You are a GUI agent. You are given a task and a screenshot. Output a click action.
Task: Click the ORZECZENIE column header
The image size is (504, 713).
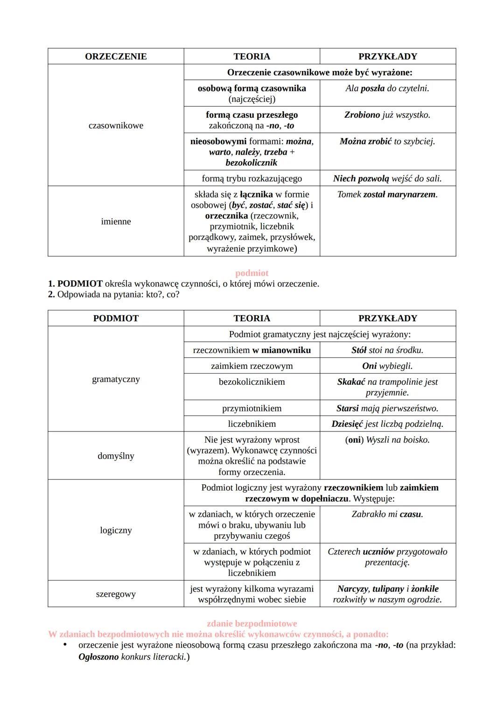coord(116,56)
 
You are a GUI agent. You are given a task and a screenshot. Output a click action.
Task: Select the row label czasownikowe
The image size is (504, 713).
coord(116,126)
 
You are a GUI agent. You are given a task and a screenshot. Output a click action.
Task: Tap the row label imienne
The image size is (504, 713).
coord(116,221)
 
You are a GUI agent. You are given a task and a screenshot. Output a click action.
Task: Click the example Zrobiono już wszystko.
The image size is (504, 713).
coord(387,115)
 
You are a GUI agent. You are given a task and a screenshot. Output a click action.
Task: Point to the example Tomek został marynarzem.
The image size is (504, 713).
coord(387,194)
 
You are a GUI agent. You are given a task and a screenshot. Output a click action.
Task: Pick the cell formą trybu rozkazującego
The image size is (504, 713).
coord(252,178)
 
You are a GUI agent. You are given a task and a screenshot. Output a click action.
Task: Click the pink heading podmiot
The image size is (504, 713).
coord(252,273)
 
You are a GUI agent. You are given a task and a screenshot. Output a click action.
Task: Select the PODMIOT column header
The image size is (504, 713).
coord(116,318)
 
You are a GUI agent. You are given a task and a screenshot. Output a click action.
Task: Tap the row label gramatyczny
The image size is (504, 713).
coord(116,379)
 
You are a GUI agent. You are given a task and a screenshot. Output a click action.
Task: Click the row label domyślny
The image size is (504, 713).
coord(116,456)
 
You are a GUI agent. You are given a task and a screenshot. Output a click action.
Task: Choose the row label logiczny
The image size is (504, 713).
coord(116,530)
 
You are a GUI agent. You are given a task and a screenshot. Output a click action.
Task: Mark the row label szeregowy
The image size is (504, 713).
coord(116,594)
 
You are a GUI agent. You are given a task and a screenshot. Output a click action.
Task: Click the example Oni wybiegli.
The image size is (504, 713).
coord(387,366)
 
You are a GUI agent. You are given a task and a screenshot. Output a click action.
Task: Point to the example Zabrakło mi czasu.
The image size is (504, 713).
coord(387,514)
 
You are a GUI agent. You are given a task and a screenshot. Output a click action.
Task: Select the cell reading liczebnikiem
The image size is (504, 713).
coord(252,424)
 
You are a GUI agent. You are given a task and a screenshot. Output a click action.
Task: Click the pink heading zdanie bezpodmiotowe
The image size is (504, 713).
coord(252,624)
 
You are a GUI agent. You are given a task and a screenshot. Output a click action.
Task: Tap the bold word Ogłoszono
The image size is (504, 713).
coord(98,657)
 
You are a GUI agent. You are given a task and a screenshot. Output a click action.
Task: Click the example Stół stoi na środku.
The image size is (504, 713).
coord(387,350)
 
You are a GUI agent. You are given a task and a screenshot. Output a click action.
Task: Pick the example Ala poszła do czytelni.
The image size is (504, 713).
coord(387,88)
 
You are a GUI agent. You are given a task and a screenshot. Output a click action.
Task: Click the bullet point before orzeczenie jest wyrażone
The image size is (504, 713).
coord(65,645)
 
